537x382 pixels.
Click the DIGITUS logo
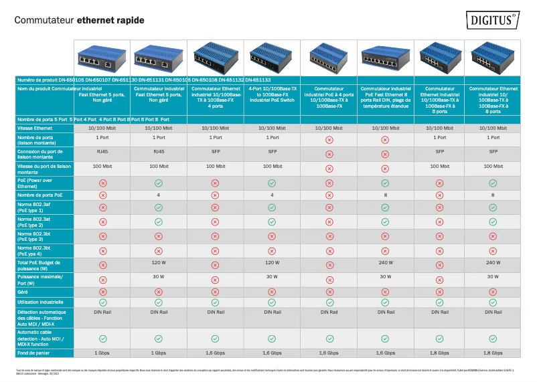(x=493, y=20)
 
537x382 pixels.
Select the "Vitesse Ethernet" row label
(x=35, y=127)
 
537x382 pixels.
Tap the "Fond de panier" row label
(x=35, y=352)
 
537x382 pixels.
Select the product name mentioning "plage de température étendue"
(x=385, y=97)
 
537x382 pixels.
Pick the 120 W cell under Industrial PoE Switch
(x=272, y=262)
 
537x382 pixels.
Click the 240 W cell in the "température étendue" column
(x=385, y=262)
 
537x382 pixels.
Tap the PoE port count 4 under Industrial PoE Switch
(x=272, y=195)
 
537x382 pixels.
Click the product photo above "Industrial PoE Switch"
(x=272, y=58)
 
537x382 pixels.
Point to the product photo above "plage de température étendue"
(x=385, y=58)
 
